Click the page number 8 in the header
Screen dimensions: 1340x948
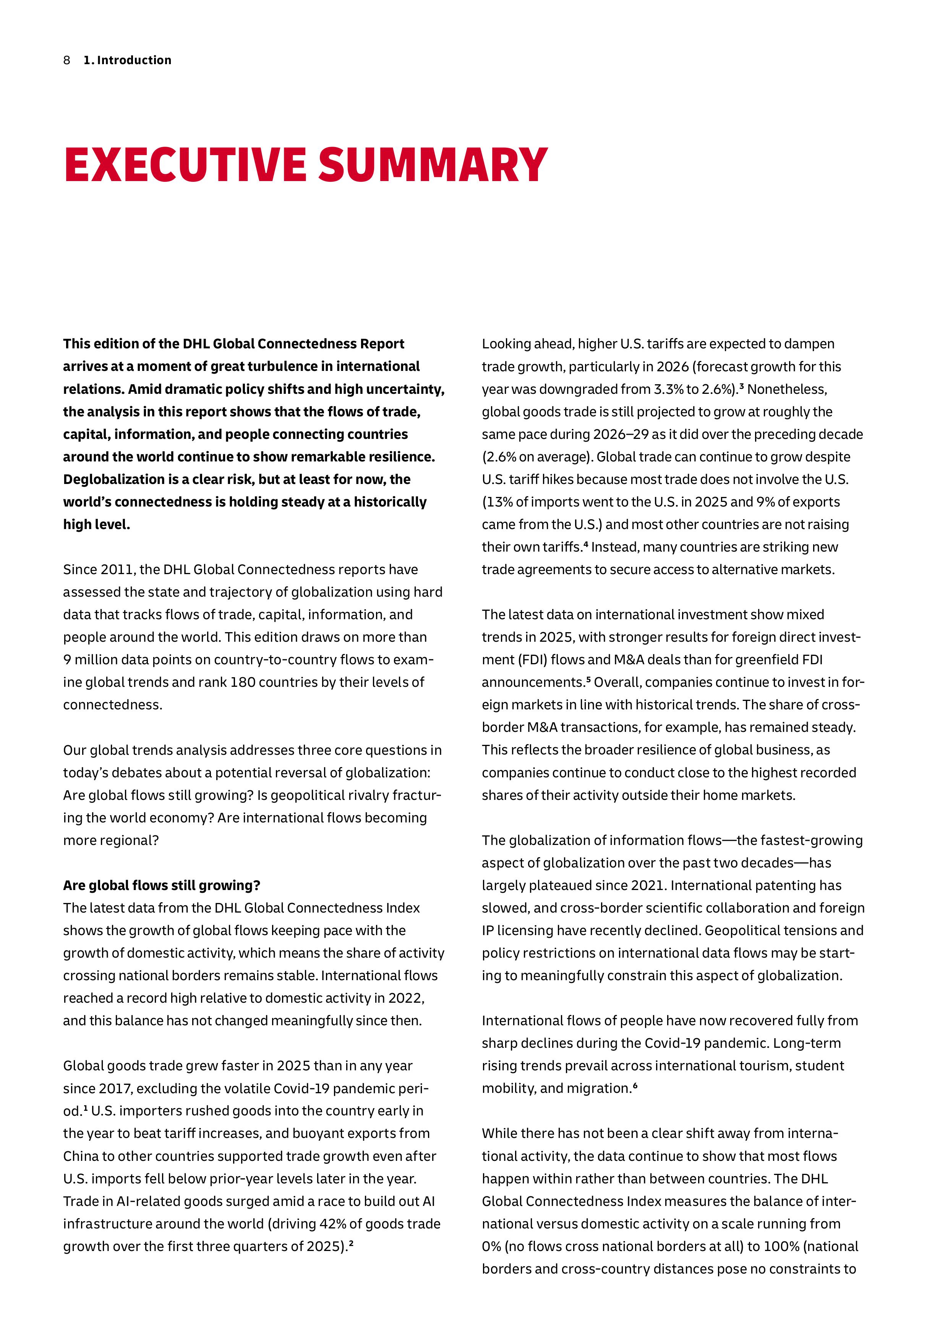click(x=66, y=60)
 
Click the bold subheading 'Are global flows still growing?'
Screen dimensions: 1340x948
click(x=162, y=885)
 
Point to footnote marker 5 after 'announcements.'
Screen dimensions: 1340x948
click(x=588, y=679)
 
